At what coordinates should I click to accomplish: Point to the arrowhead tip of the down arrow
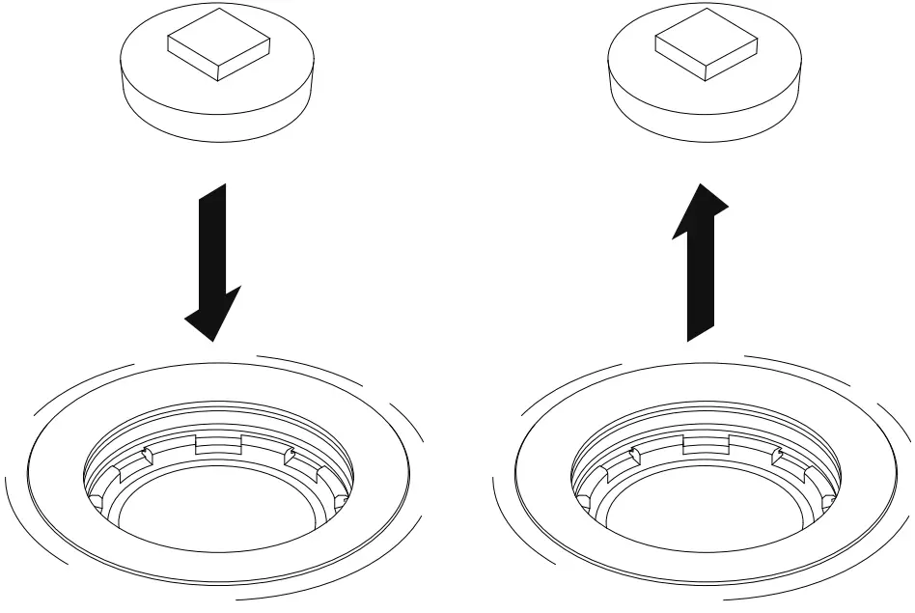click(210, 339)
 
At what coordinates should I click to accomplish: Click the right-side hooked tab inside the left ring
click(290, 454)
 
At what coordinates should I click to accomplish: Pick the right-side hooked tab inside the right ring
click(777, 454)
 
